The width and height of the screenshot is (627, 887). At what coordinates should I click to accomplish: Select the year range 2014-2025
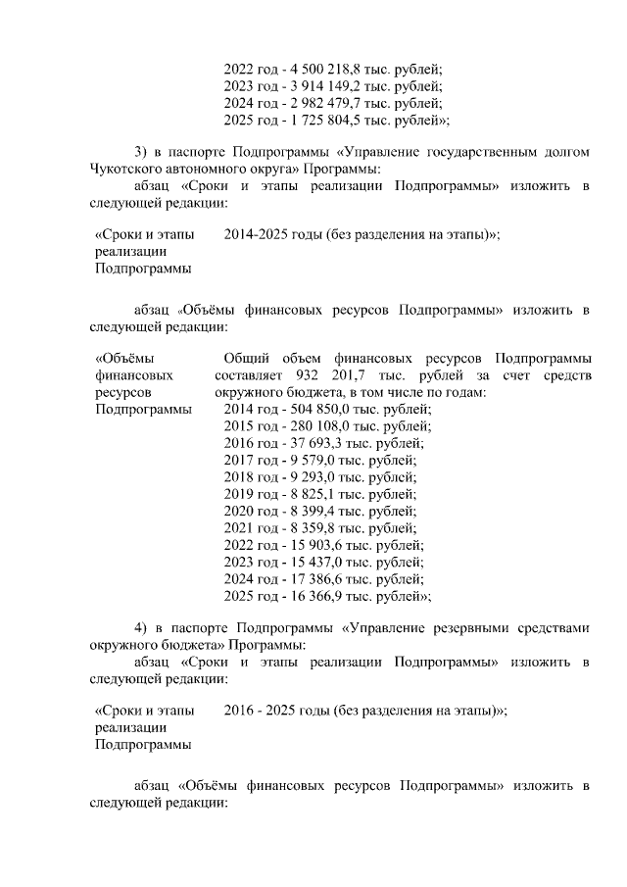tap(255, 234)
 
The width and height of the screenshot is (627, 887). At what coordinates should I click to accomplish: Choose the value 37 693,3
tap(307, 444)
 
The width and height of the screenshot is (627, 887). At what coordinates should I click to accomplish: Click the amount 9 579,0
tap(302, 461)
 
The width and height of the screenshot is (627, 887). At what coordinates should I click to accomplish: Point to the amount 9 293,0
tap(302, 477)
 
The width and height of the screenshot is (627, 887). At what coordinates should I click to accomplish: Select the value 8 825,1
tap(302, 494)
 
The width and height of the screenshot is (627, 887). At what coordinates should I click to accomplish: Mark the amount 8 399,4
tap(302, 511)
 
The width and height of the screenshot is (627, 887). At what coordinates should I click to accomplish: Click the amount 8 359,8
tap(302, 527)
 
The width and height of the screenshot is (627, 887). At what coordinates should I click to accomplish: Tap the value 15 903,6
tap(307, 545)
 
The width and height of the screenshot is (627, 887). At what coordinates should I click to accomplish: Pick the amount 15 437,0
tap(307, 562)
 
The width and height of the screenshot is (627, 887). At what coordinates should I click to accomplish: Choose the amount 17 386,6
tap(307, 578)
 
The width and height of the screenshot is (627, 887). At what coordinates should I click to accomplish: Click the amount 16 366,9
tap(307, 595)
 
